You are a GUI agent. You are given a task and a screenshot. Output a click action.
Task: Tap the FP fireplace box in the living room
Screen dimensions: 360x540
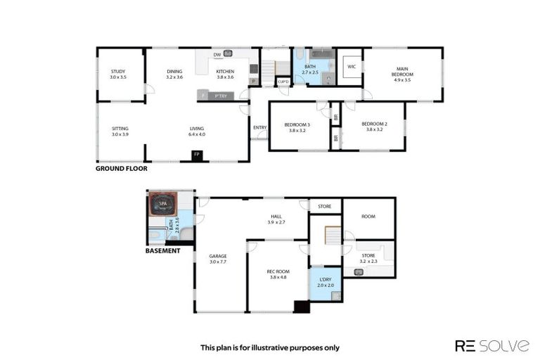197,155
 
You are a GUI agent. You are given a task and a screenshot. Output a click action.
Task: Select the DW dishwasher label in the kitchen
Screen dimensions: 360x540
217,55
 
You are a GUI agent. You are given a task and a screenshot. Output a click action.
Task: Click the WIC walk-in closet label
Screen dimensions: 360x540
349,67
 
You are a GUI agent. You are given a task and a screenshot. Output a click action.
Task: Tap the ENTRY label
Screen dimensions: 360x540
259,127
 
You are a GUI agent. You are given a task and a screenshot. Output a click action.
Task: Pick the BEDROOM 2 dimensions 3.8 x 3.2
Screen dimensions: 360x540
373,130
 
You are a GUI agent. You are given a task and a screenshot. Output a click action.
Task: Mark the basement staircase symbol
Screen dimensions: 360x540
326,236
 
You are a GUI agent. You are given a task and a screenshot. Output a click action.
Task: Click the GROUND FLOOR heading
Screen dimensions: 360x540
121,169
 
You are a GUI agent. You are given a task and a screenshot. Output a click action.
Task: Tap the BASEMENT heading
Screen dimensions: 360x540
162,250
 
